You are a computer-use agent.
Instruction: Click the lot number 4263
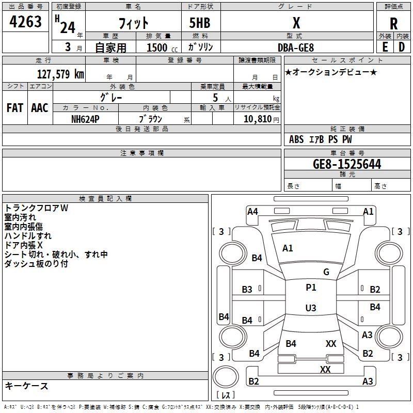click(25, 22)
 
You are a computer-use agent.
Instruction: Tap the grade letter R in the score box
click(393, 24)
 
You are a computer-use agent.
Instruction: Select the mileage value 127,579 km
click(60, 74)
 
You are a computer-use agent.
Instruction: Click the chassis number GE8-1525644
click(347, 164)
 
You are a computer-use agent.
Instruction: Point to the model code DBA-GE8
click(296, 47)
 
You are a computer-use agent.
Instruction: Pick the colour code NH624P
click(85, 119)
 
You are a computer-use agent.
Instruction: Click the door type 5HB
click(200, 23)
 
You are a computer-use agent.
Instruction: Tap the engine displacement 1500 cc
click(162, 47)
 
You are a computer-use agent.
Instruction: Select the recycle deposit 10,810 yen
click(261, 119)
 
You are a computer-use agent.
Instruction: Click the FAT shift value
click(15, 108)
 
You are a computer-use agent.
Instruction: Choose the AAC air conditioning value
click(40, 108)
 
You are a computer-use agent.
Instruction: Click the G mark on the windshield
click(326, 272)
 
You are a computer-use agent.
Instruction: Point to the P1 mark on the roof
click(311, 288)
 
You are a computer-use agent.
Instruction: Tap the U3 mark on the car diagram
click(311, 308)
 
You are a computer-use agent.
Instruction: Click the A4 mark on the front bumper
click(252, 212)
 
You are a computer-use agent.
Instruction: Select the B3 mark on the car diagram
click(247, 290)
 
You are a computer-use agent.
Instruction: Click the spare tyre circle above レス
click(226, 377)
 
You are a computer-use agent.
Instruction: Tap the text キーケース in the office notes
click(27, 386)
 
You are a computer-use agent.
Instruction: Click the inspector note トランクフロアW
click(36, 208)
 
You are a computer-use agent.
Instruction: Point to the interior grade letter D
click(402, 47)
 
